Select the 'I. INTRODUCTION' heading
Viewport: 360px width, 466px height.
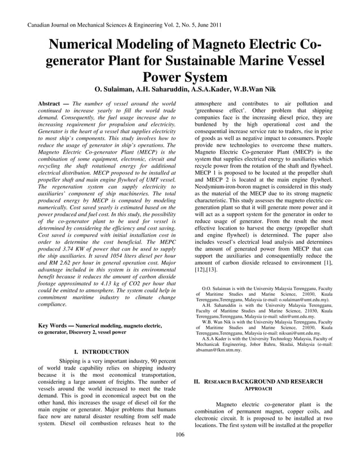pyautogui.click(x=102, y=352)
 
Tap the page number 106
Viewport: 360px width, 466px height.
pyautogui.click(x=180, y=434)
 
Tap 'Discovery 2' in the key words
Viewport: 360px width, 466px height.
pyautogui.click(x=77, y=333)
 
